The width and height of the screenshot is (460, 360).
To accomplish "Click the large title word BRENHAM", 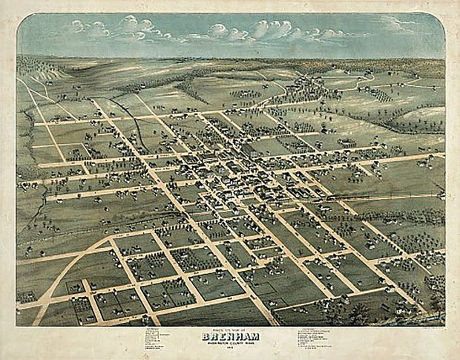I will [230, 336].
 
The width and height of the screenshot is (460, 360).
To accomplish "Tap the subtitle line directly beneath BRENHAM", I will [230, 343].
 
